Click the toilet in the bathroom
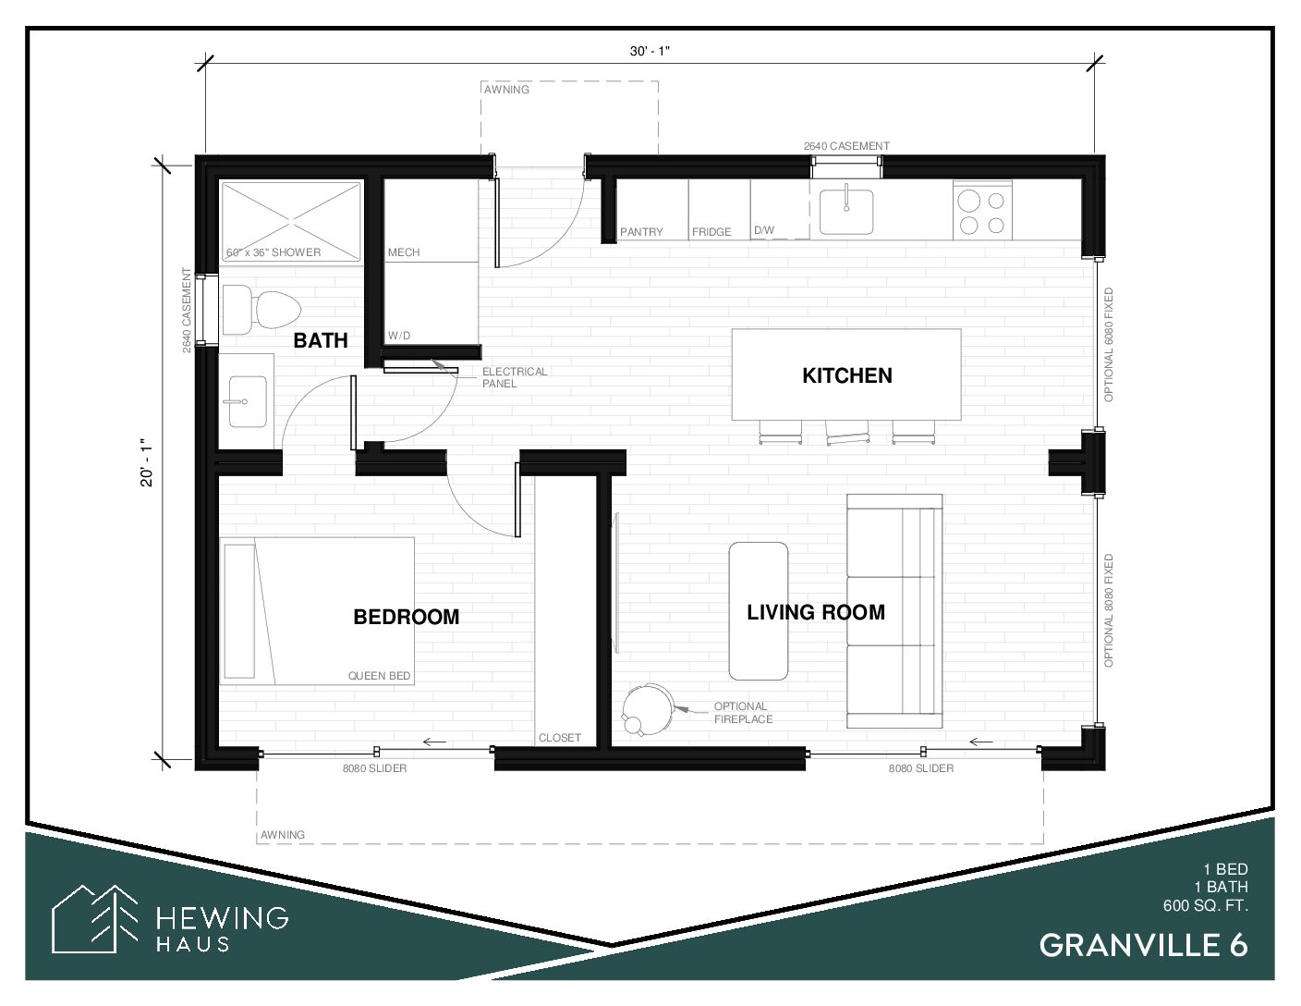click(x=261, y=310)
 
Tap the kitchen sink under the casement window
click(x=846, y=212)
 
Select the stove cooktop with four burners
click(x=982, y=212)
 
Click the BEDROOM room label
click(x=406, y=617)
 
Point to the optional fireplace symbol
click(x=649, y=709)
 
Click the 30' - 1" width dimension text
click(x=650, y=52)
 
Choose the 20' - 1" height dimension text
click(x=147, y=462)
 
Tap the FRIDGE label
click(x=711, y=232)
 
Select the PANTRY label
click(x=641, y=232)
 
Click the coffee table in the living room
click(x=758, y=611)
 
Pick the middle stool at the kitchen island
click(x=846, y=432)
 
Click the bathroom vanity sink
click(x=248, y=401)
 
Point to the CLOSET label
click(x=560, y=738)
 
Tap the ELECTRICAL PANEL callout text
click(x=515, y=377)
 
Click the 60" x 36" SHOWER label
click(x=274, y=252)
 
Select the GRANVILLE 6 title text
click(x=1143, y=946)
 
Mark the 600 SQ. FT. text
click(x=1206, y=905)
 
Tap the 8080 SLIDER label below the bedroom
click(x=374, y=768)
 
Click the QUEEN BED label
click(x=379, y=676)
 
